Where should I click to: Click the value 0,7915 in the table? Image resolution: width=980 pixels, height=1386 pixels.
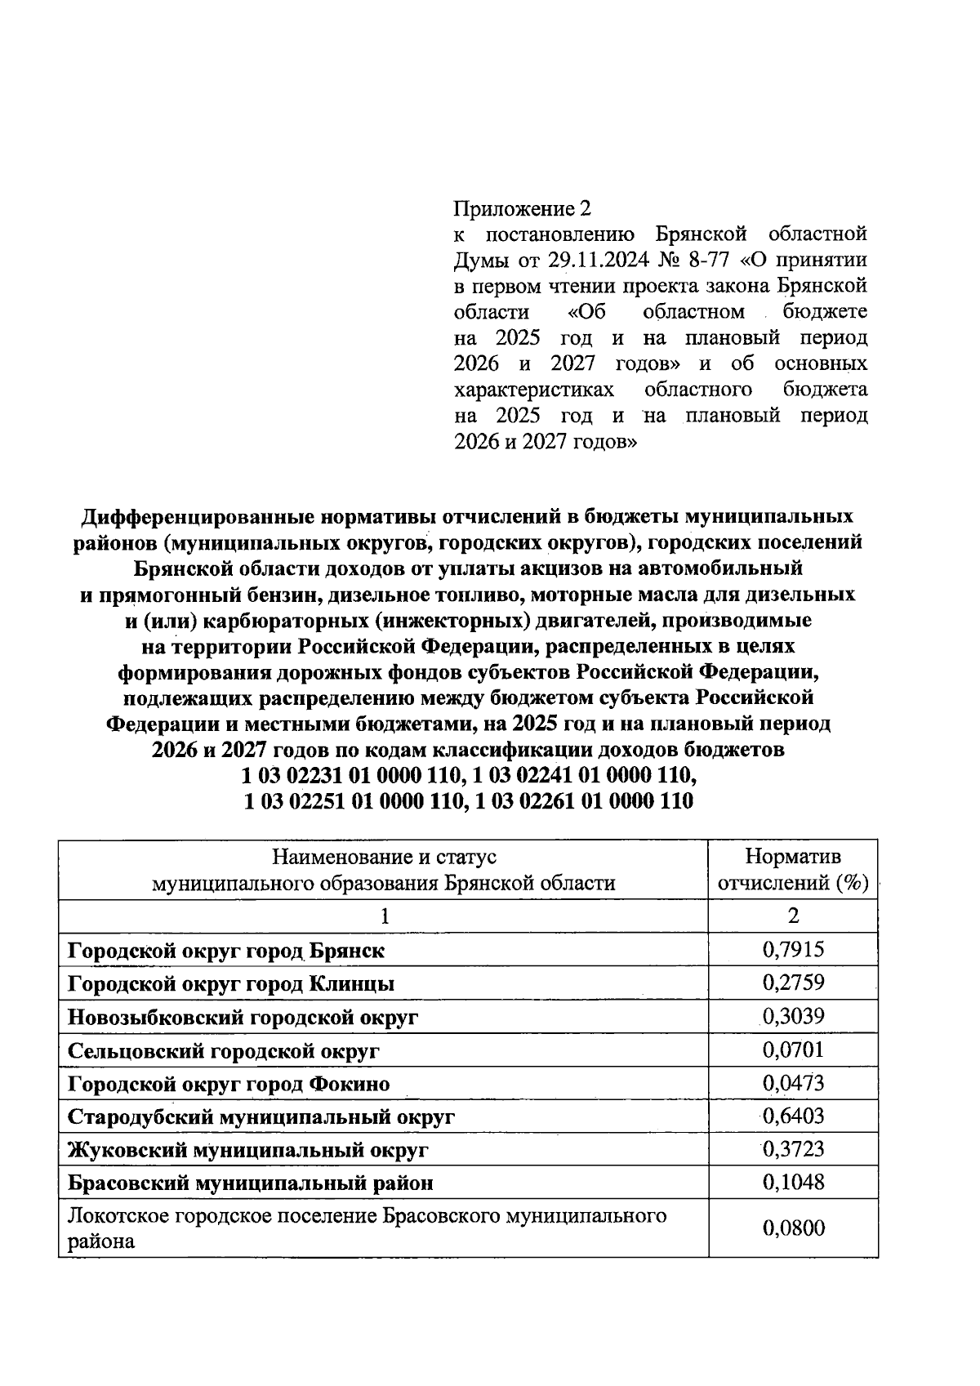[x=793, y=949]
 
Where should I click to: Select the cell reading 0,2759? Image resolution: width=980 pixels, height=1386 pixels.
[x=793, y=983]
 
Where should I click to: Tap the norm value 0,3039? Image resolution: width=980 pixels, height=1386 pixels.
[x=793, y=1016]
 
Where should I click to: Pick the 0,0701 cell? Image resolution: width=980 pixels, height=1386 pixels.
[x=793, y=1050]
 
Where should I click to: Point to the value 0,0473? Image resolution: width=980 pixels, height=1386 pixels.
[x=793, y=1083]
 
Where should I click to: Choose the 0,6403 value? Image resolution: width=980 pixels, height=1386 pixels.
[x=793, y=1116]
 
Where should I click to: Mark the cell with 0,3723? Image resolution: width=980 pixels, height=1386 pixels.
[x=793, y=1149]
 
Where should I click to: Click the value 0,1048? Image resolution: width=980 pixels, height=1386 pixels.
[x=793, y=1182]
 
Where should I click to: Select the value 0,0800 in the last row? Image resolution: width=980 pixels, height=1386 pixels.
[x=793, y=1228]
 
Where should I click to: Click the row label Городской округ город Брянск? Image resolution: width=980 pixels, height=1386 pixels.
[x=226, y=951]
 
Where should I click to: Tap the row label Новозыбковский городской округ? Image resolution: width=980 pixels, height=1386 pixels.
[x=243, y=1018]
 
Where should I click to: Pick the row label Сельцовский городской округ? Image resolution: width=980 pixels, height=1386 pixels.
[x=223, y=1051]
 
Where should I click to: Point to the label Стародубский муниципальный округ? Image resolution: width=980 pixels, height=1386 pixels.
[x=261, y=1116]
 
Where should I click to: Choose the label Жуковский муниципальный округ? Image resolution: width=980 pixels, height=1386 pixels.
[x=248, y=1150]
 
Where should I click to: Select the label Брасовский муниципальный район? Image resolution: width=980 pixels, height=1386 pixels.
[x=250, y=1183]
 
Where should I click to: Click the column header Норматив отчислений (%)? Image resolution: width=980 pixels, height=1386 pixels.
[x=793, y=870]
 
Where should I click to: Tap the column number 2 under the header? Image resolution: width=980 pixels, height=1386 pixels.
[x=793, y=916]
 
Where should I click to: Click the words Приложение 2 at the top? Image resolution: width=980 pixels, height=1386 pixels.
[x=521, y=209]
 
